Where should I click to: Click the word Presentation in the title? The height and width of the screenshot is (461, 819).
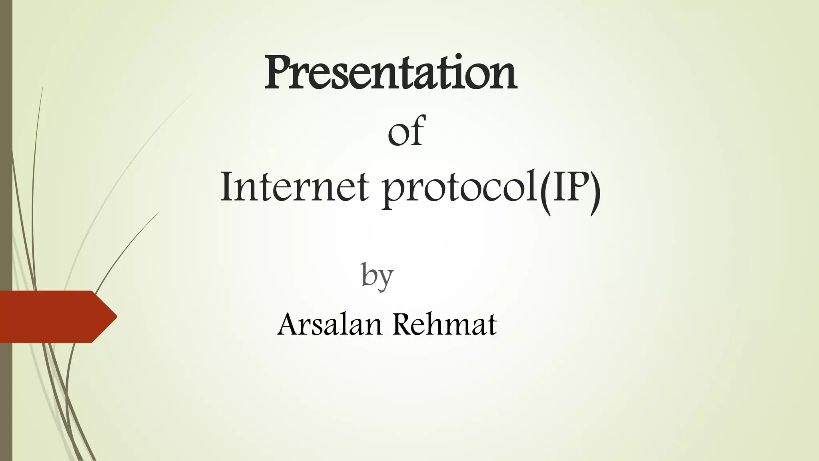tap(390, 73)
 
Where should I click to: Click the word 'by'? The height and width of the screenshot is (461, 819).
tap(377, 276)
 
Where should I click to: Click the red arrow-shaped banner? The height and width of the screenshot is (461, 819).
tap(52, 317)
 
